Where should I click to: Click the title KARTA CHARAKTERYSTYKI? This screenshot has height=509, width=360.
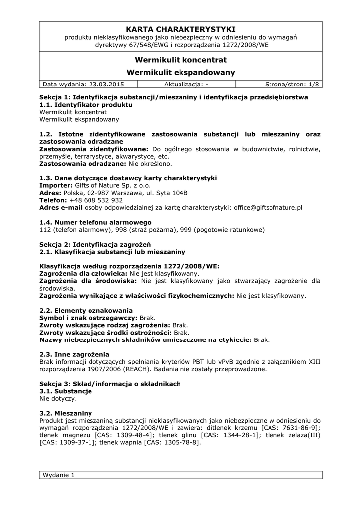tap(180, 29)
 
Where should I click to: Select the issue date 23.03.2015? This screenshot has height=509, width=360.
tap(107, 84)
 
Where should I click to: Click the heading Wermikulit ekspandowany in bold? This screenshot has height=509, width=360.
tap(180, 73)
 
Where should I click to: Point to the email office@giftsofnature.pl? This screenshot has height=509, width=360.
tap(268, 208)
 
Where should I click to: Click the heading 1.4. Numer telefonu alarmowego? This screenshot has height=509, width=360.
tap(95, 222)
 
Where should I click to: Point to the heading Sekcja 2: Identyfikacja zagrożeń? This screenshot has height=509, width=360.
tap(95, 244)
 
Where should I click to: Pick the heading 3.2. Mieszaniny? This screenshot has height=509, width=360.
tap(66, 413)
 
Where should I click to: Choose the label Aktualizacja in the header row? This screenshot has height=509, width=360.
tap(183, 84)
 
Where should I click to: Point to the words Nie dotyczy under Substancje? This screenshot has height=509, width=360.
tap(58, 399)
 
